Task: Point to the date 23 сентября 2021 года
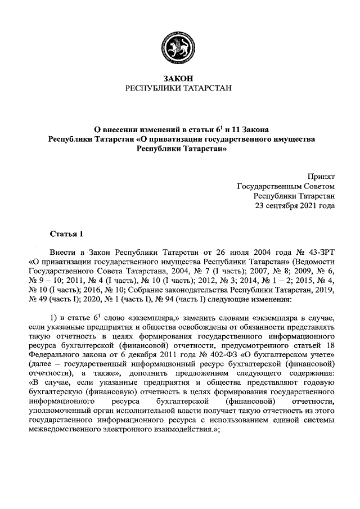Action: (x=295, y=205)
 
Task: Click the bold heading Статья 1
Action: (x=66, y=233)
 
